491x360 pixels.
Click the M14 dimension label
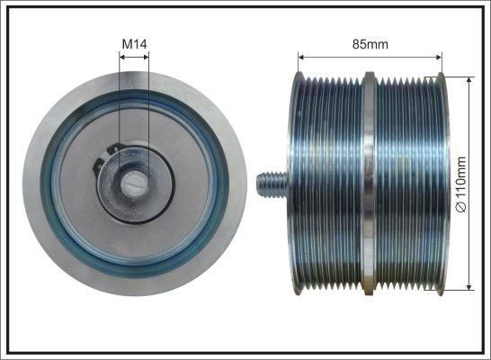pos(134,44)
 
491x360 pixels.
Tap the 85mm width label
pos(370,44)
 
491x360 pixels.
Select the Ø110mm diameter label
pos(461,184)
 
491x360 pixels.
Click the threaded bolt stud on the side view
pos(272,184)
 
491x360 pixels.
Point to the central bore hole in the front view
pos(135,185)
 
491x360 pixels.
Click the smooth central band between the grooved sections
pos(370,184)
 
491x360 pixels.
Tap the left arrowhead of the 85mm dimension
pos(301,57)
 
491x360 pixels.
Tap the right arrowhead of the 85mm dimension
pos(439,57)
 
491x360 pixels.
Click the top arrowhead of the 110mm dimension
pos(469,80)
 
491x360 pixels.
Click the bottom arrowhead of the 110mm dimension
pos(469,287)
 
